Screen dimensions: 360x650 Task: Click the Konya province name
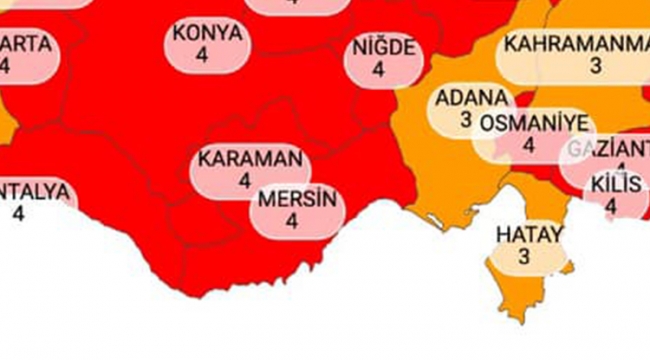point(207,33)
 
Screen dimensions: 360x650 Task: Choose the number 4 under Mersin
point(293,221)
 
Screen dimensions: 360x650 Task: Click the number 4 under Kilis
point(612,207)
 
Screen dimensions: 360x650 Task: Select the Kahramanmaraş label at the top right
point(576,45)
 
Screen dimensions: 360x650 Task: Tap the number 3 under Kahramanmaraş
point(596,67)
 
